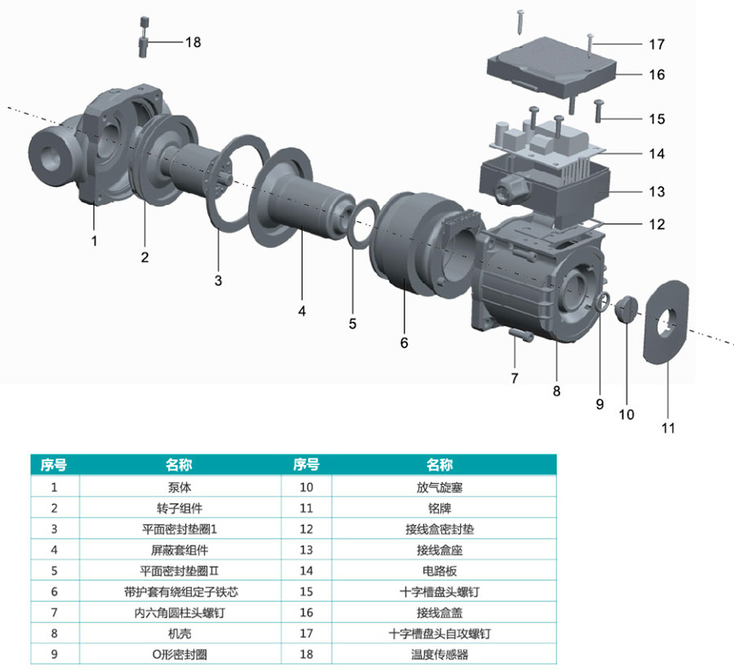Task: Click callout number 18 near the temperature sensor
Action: tap(192, 42)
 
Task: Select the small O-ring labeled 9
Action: tap(600, 304)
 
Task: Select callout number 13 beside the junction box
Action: tap(657, 192)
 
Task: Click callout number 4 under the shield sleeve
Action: tap(302, 311)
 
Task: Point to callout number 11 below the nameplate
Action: tap(668, 427)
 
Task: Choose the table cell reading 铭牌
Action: tap(439, 508)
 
